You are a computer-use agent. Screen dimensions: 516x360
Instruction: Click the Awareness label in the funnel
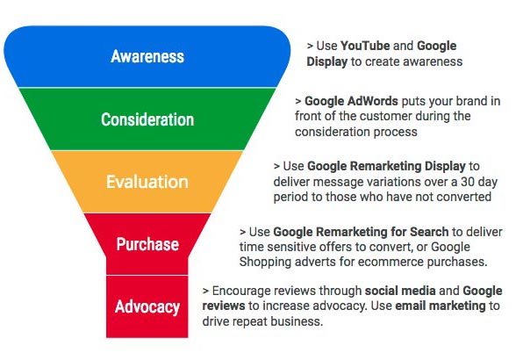(x=147, y=56)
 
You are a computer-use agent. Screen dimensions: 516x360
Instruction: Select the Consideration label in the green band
(x=147, y=119)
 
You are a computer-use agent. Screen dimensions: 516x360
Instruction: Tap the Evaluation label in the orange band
(x=147, y=182)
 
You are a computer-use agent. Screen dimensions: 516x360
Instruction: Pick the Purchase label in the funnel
(x=147, y=244)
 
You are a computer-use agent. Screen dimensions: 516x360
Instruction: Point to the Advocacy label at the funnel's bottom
(x=147, y=307)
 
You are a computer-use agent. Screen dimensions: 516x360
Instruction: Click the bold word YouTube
(x=365, y=46)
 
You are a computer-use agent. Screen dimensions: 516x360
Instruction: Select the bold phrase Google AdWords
(x=351, y=101)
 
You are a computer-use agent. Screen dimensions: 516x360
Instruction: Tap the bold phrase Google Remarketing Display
(x=386, y=166)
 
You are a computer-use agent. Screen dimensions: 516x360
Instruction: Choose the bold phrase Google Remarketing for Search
(x=361, y=232)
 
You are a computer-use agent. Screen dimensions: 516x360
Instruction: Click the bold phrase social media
(x=400, y=291)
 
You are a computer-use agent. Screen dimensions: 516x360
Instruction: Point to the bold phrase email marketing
(x=441, y=306)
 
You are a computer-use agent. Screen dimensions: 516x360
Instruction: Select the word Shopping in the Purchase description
(x=265, y=263)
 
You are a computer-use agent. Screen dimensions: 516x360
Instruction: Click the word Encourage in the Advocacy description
(x=240, y=291)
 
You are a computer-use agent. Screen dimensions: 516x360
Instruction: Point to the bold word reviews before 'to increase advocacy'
(x=224, y=306)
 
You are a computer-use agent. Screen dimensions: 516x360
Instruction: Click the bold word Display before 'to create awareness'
(x=326, y=61)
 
